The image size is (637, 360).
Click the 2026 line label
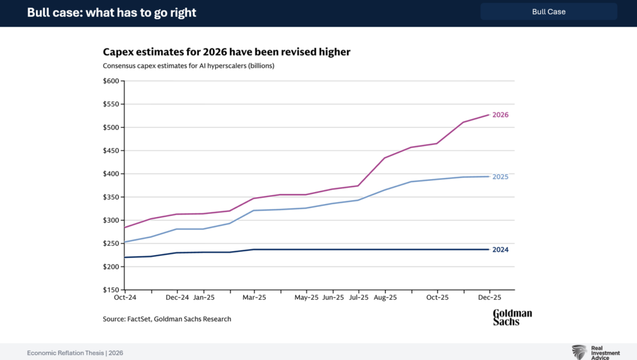pos(500,115)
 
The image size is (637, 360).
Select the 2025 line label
pos(500,177)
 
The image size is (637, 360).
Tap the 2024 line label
pos(500,250)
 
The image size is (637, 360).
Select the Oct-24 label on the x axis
pos(125,298)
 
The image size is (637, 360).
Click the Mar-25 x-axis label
pos(254,298)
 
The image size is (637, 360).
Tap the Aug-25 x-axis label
pos(385,298)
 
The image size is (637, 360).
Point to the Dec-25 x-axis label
pos(490,298)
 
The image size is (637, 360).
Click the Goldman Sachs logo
pos(512,317)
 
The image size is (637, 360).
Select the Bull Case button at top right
pos(548,11)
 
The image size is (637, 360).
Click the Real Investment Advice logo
pos(595,352)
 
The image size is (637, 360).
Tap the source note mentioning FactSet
pos(167,319)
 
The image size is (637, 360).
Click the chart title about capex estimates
pos(226,52)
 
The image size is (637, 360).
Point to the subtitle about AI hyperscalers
pos(188,65)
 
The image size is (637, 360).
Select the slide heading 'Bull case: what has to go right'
pos(111,12)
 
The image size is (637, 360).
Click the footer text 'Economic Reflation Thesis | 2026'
pos(75,353)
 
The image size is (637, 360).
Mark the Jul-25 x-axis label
pos(359,298)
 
